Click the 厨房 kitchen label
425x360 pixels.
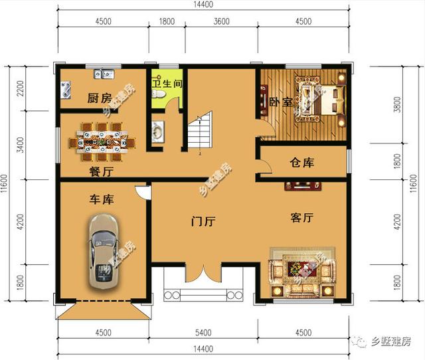(x=100, y=98)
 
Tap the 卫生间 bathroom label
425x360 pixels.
(x=167, y=83)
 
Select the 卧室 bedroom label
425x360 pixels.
(x=281, y=102)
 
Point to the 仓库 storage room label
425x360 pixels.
(x=302, y=163)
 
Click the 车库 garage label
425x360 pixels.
(x=102, y=199)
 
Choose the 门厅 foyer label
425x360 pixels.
(x=203, y=221)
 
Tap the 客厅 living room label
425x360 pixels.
(x=302, y=217)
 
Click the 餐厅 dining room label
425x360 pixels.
(x=101, y=171)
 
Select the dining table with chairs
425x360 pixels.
(x=102, y=141)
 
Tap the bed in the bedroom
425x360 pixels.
(x=321, y=99)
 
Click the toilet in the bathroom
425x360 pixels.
(x=158, y=94)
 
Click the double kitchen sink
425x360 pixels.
(x=104, y=74)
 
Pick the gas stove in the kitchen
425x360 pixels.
(x=66, y=90)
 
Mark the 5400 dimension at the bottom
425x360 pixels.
(x=203, y=333)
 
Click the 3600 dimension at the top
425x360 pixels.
(x=221, y=21)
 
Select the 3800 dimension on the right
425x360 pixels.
(x=397, y=105)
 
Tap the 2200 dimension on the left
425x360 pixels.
(x=21, y=88)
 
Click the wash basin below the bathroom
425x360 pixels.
(x=157, y=132)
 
